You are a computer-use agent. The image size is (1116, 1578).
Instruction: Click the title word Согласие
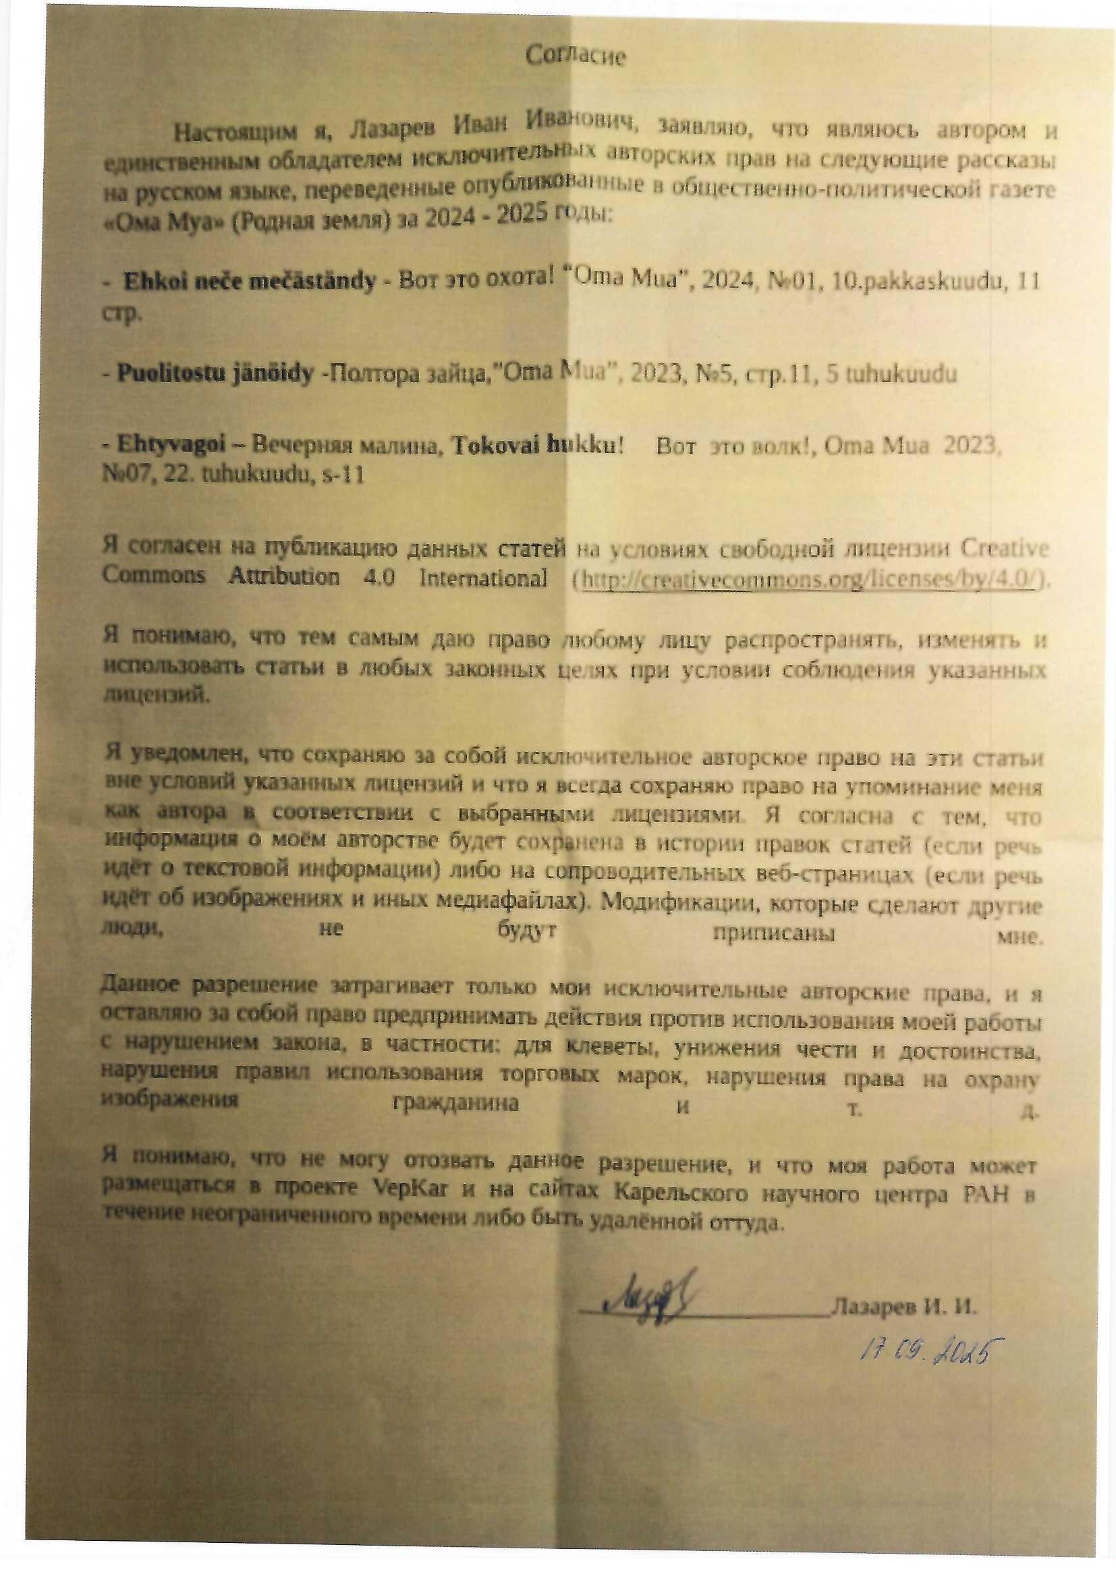point(575,55)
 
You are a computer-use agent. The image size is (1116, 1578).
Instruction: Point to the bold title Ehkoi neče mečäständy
point(250,280)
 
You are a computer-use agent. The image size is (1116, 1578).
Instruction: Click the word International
point(482,577)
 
